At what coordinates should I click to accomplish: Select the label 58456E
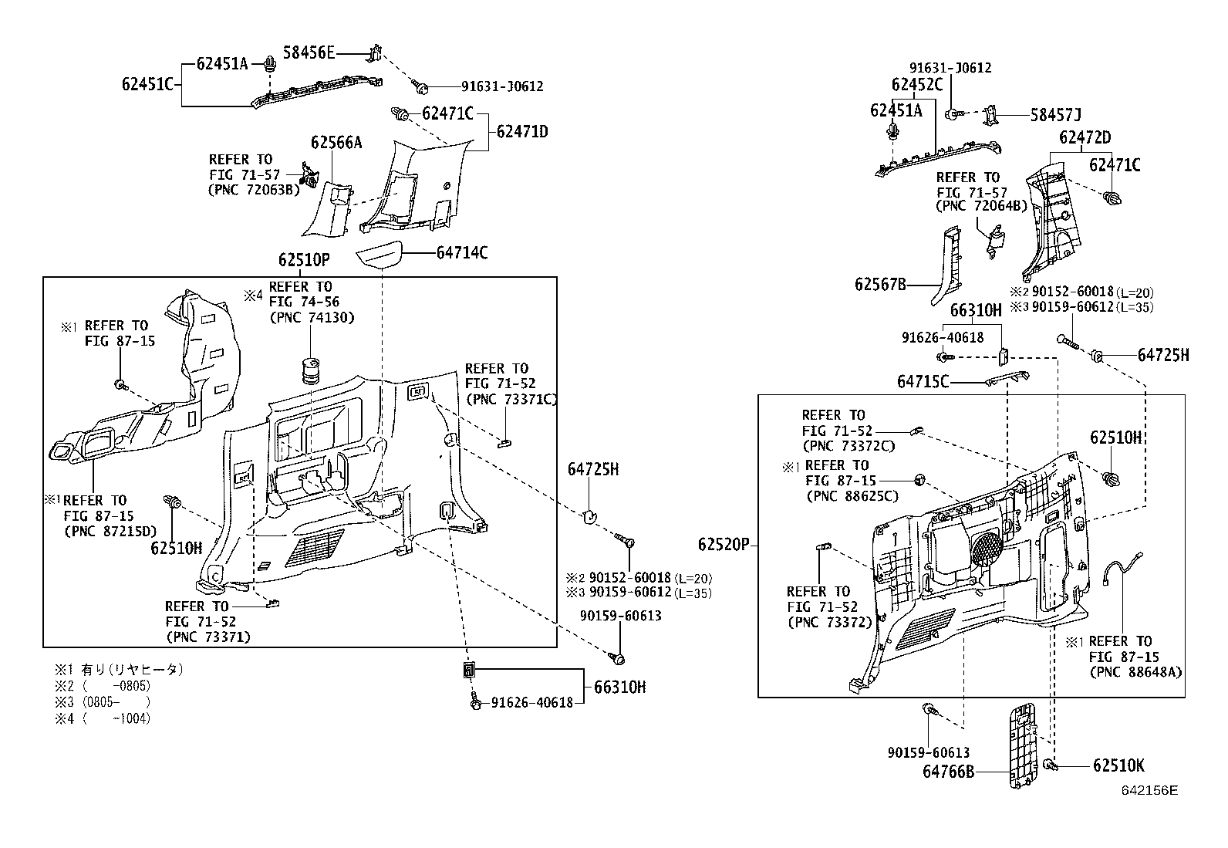[309, 52]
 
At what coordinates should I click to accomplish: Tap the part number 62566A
[336, 143]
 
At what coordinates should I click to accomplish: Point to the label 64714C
[462, 253]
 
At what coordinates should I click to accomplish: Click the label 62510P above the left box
[304, 259]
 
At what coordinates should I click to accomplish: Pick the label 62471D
[521, 132]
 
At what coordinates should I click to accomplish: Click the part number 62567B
[880, 285]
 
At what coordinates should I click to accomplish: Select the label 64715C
[923, 381]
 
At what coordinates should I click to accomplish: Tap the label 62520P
[724, 545]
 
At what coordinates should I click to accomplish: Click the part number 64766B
[948, 771]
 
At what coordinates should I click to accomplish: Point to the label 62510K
[1118, 765]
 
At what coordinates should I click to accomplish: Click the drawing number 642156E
[1149, 791]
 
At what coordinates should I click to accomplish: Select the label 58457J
[1055, 116]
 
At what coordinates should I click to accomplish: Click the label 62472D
[1085, 138]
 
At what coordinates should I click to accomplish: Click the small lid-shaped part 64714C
[380, 254]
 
